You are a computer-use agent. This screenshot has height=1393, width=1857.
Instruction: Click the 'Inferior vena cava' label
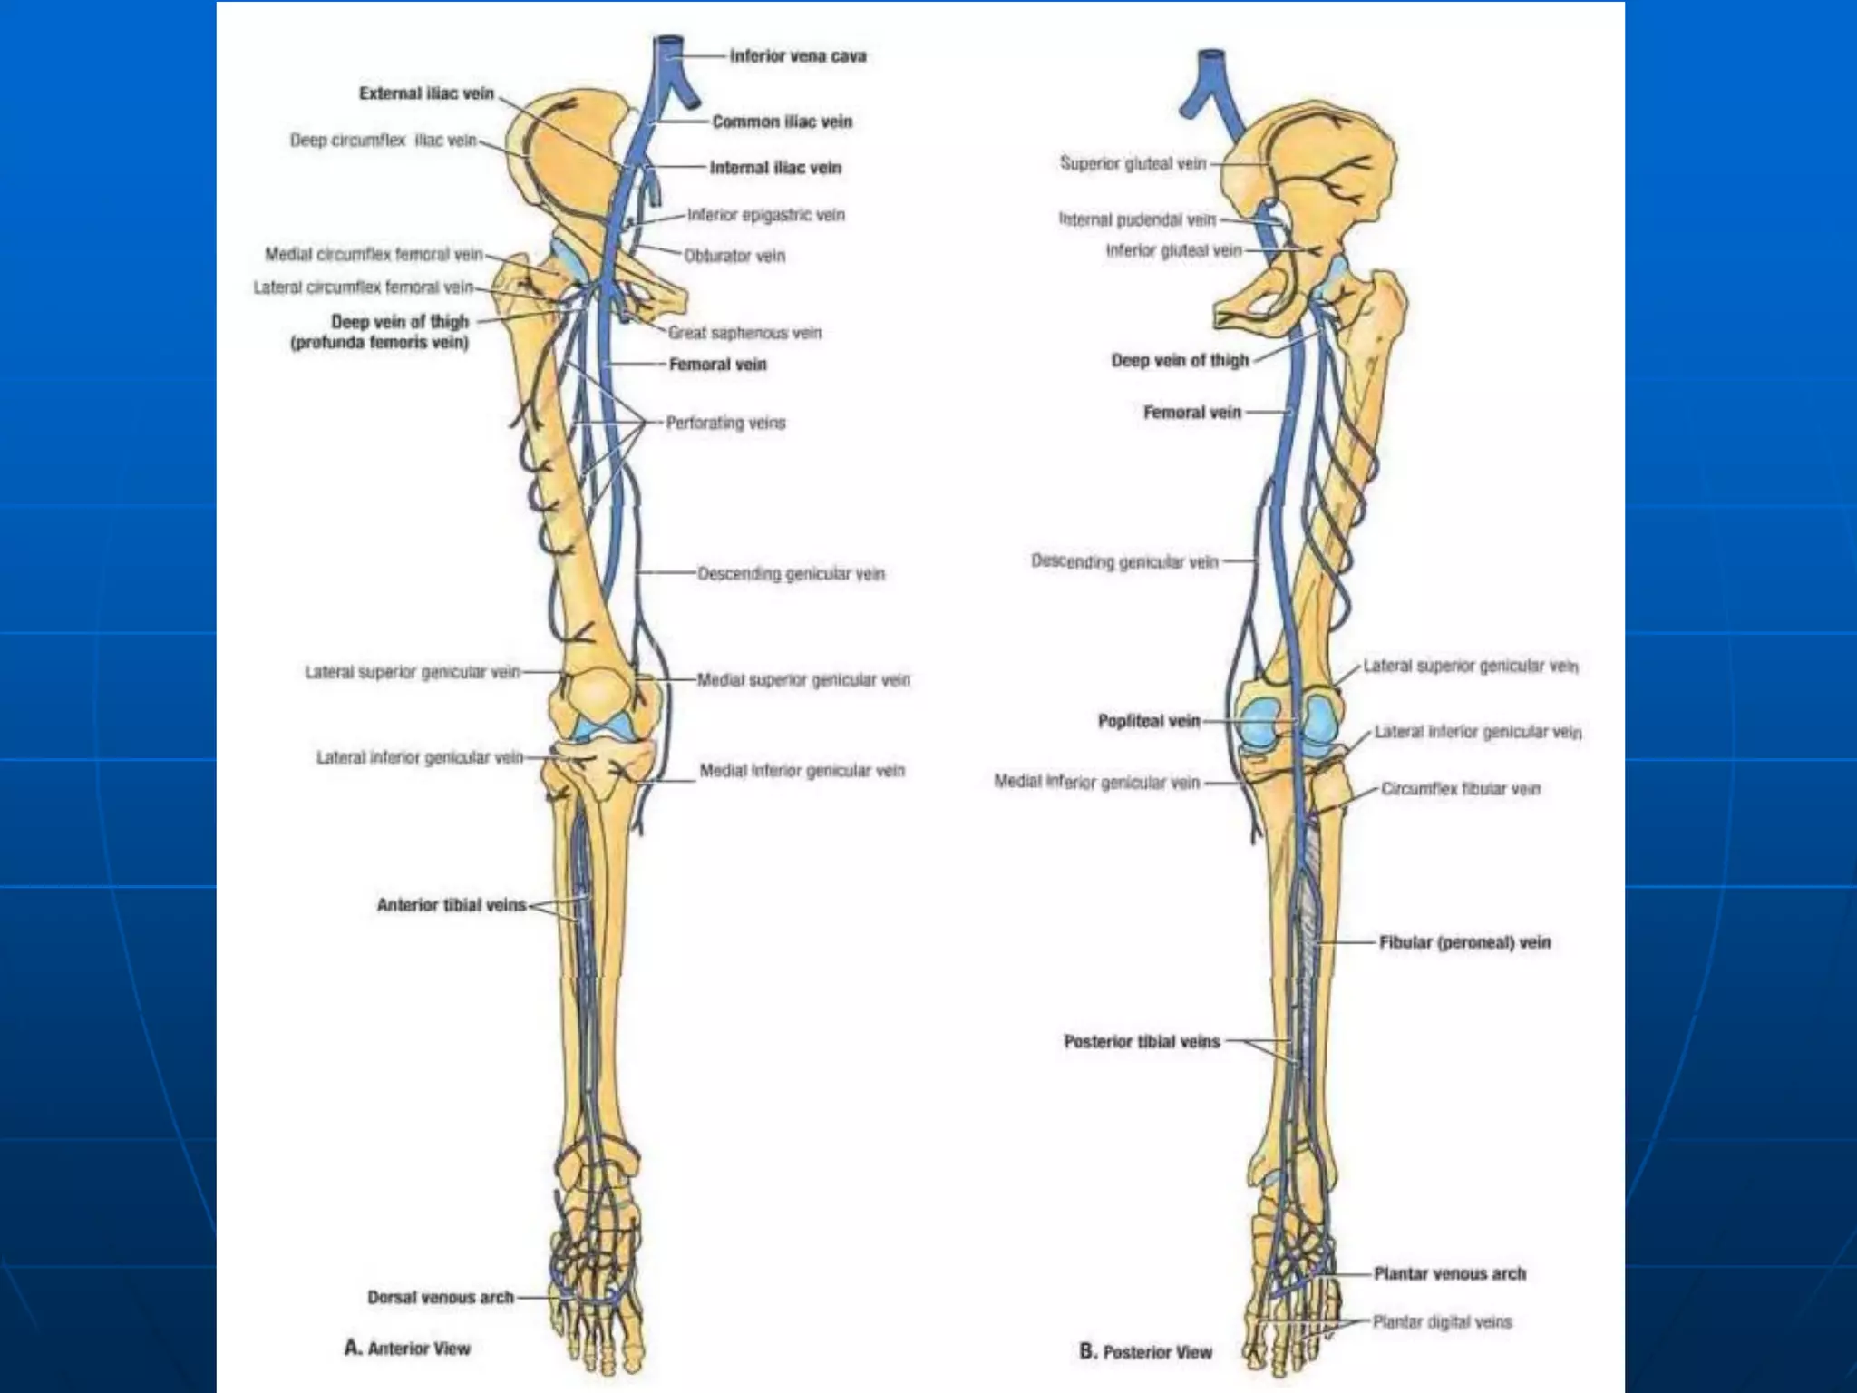point(798,56)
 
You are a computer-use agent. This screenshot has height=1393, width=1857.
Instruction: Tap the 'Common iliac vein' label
point(782,122)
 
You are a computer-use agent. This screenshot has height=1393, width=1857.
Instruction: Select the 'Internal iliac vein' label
point(775,168)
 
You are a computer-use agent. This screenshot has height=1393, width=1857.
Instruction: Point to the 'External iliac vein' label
point(426,93)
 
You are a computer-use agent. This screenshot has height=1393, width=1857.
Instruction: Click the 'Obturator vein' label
point(734,256)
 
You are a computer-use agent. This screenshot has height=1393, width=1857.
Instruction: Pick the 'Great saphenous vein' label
point(744,333)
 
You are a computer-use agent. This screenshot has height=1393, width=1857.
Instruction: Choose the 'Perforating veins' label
point(725,423)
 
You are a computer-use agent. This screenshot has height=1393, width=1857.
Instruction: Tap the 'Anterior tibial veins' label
point(451,905)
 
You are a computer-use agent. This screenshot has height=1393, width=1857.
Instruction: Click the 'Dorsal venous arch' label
point(441,1298)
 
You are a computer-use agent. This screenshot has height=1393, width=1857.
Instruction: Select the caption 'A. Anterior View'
point(407,1349)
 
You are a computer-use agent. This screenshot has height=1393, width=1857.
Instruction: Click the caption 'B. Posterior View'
point(1145,1352)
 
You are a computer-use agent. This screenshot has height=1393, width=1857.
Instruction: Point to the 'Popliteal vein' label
point(1149,721)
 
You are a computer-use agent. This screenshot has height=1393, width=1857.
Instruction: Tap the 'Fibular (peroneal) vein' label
point(1464,943)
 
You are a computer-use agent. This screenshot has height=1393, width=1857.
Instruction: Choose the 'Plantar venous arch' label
point(1449,1274)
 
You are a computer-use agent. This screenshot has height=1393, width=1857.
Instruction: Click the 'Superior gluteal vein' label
point(1133,163)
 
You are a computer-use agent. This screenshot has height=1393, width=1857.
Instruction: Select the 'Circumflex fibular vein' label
point(1460,789)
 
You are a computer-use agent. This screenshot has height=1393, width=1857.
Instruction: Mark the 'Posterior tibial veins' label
point(1142,1042)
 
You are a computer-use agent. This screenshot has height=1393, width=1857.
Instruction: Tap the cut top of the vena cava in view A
point(669,41)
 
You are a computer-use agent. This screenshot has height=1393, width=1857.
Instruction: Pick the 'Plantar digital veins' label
point(1442,1322)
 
